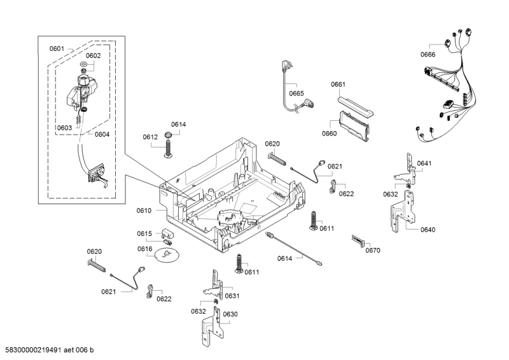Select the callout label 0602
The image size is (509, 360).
pyautogui.click(x=93, y=55)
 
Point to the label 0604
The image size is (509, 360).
pyautogui.click(x=102, y=134)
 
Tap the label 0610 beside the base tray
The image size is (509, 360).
pyautogui.click(x=144, y=209)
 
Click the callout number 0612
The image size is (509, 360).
pyautogui.click(x=150, y=137)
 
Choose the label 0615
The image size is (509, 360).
pyautogui.click(x=144, y=233)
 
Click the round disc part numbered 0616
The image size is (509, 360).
pyautogui.click(x=167, y=255)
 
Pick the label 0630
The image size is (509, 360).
pyautogui.click(x=230, y=314)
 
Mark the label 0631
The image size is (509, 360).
pyautogui.click(x=232, y=295)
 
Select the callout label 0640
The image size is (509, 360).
pyautogui.click(x=428, y=230)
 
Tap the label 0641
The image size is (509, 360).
pyautogui.click(x=424, y=163)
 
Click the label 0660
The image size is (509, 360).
pyautogui.click(x=329, y=134)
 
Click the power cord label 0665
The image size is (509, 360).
pyautogui.click(x=296, y=93)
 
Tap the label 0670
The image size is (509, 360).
pyautogui.click(x=373, y=250)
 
